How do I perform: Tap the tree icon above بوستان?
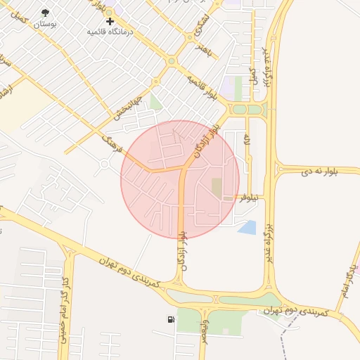tap(46, 13)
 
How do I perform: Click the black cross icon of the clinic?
tap(110, 22)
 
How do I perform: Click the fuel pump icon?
tap(171, 321)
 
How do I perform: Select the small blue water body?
tap(247, 227)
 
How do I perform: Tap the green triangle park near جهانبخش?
tap(155, 104)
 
